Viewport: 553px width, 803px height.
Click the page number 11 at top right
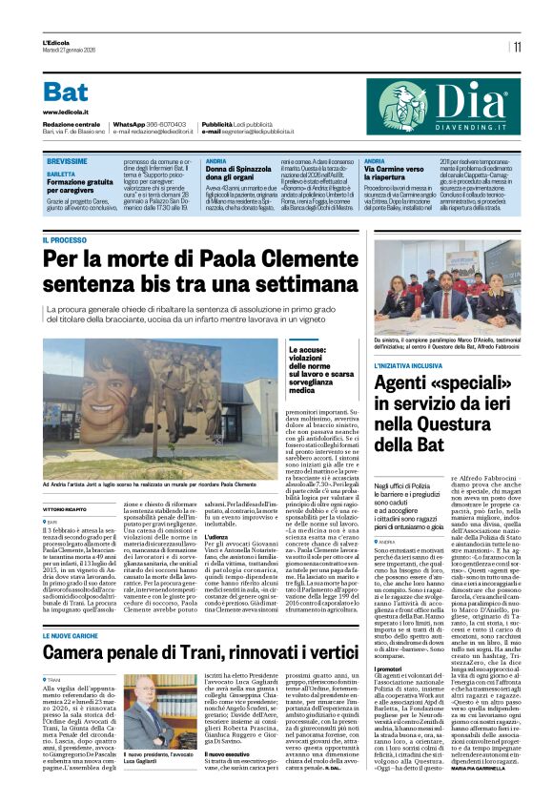(x=518, y=46)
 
